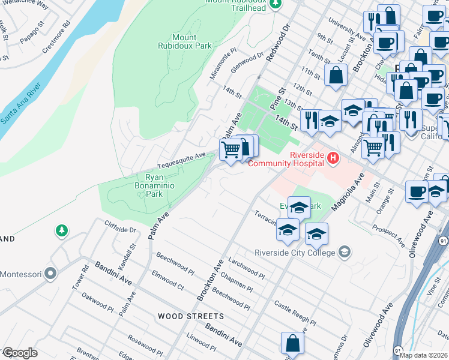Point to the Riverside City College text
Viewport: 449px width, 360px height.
coord(294,252)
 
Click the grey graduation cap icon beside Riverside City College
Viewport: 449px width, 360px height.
coord(345,251)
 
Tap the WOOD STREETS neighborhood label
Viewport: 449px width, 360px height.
coord(191,316)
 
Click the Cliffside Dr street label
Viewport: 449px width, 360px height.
coord(121,229)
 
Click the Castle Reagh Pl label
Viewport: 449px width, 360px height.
coord(295,314)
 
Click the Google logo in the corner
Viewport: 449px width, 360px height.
coord(19,353)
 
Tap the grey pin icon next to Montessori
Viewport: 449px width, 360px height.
coord(51,274)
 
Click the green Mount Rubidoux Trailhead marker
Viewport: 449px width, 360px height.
coord(276,5)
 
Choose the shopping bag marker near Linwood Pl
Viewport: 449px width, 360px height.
coord(292,344)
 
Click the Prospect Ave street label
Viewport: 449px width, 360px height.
coord(388,235)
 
